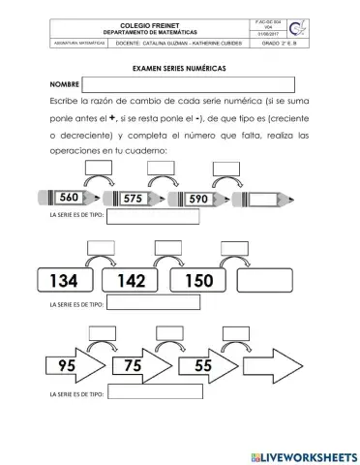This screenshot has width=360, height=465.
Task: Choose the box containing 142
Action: (x=133, y=281)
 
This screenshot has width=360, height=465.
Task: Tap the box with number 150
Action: (x=197, y=281)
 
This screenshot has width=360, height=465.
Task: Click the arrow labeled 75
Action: (x=140, y=367)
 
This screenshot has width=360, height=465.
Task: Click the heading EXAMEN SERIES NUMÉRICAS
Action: (x=179, y=70)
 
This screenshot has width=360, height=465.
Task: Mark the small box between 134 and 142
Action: (x=101, y=248)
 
